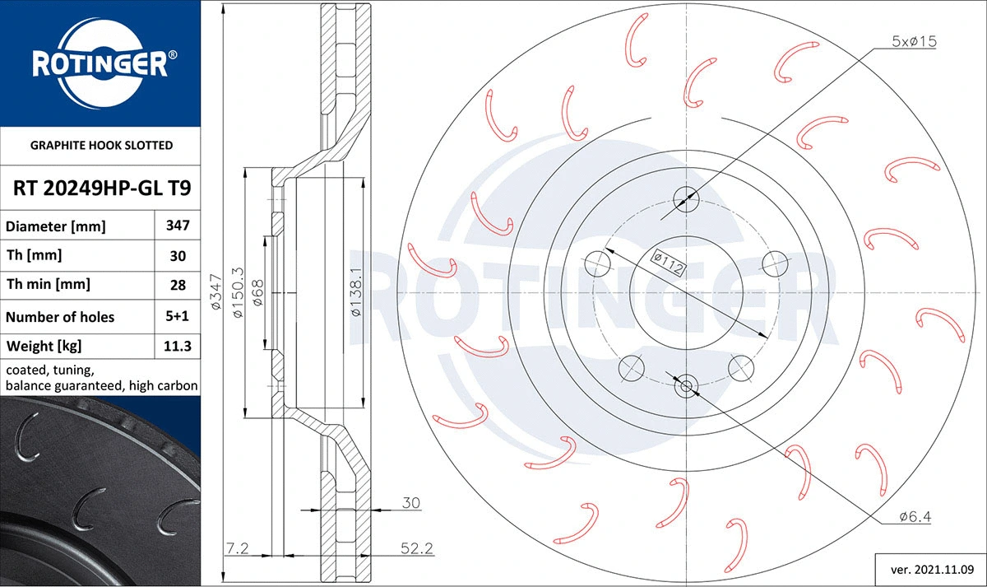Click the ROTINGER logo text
[x=100, y=63]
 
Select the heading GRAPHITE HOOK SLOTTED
[x=101, y=145]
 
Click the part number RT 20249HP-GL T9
[x=102, y=189]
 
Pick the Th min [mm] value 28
[x=178, y=285]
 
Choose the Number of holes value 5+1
[x=178, y=316]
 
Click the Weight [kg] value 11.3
[x=178, y=347]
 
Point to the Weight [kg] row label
[x=44, y=347]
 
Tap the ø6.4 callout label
[x=915, y=517]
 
